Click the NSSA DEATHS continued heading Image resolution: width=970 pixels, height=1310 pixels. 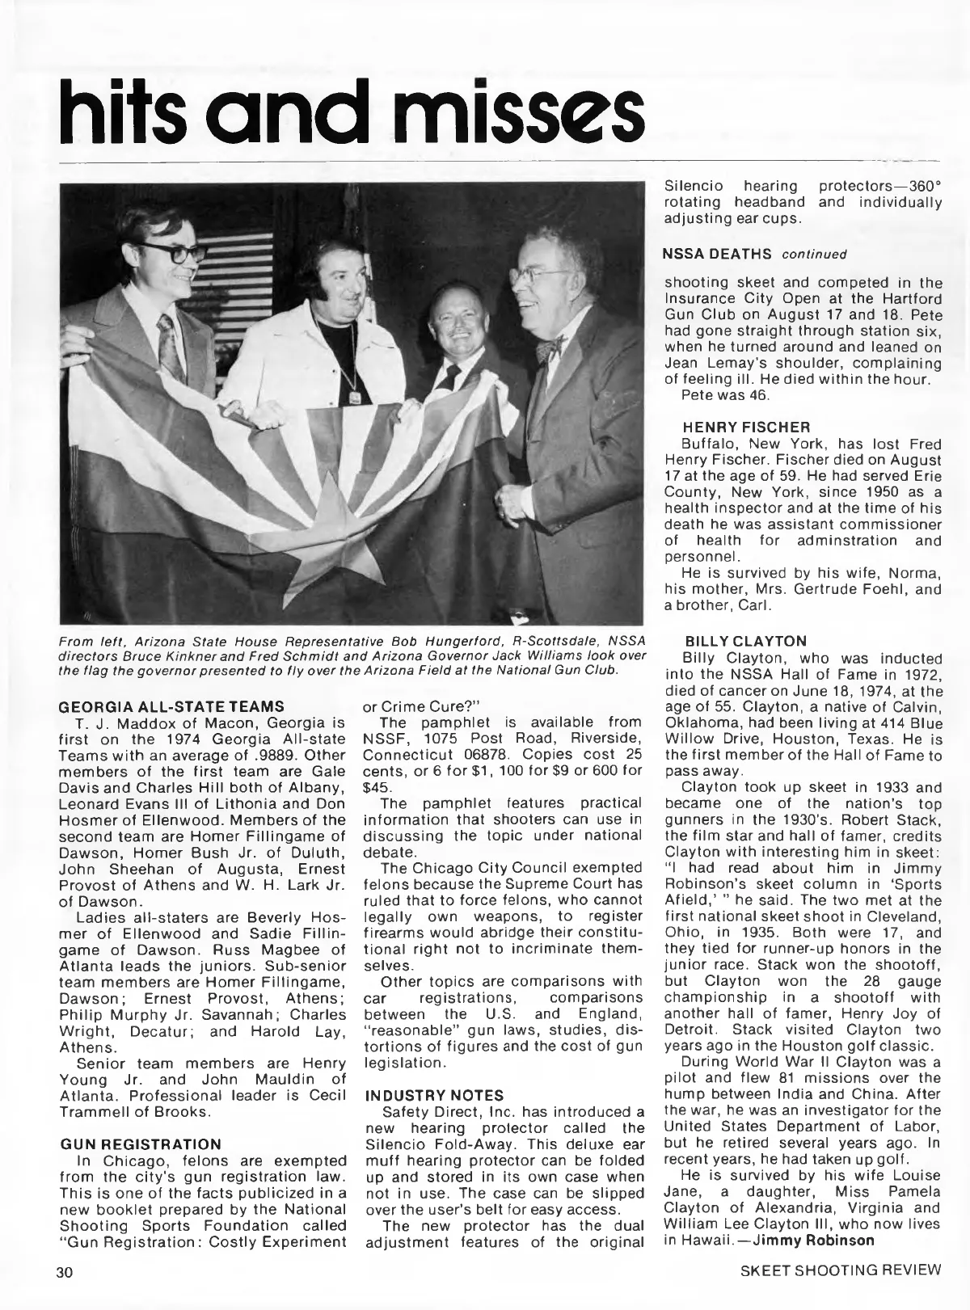(754, 254)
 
